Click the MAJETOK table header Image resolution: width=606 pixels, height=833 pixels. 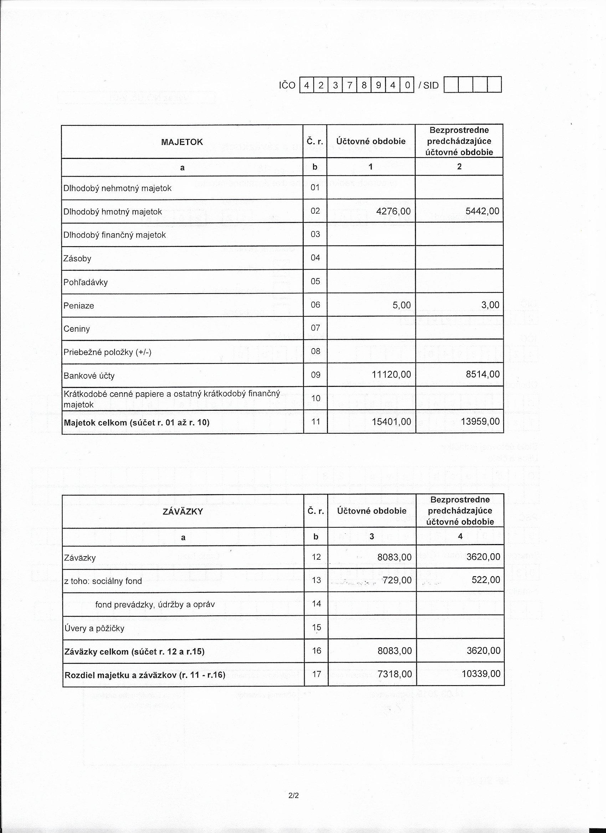coord(182,142)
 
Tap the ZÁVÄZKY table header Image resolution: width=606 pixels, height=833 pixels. coord(183,512)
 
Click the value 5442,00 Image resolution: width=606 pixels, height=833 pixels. coord(485,211)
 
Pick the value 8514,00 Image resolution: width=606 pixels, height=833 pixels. coord(485,374)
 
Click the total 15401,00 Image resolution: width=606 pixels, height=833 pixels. coord(391,421)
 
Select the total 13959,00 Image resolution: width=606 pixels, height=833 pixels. coord(482,421)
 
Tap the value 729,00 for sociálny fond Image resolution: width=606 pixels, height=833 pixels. coord(397,580)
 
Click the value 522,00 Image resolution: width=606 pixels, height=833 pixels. coord(486,580)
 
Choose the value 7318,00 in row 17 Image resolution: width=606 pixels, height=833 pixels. coord(395,674)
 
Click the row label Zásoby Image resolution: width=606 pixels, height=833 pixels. coord(77,259)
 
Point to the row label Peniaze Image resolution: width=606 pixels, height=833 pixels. coord(79,306)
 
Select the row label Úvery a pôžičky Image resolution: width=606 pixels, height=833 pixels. coord(94,628)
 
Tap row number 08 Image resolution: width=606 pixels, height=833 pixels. coord(315,352)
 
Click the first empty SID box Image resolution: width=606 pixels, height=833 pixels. coord(451,85)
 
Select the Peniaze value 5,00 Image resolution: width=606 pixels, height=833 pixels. coord(402,305)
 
